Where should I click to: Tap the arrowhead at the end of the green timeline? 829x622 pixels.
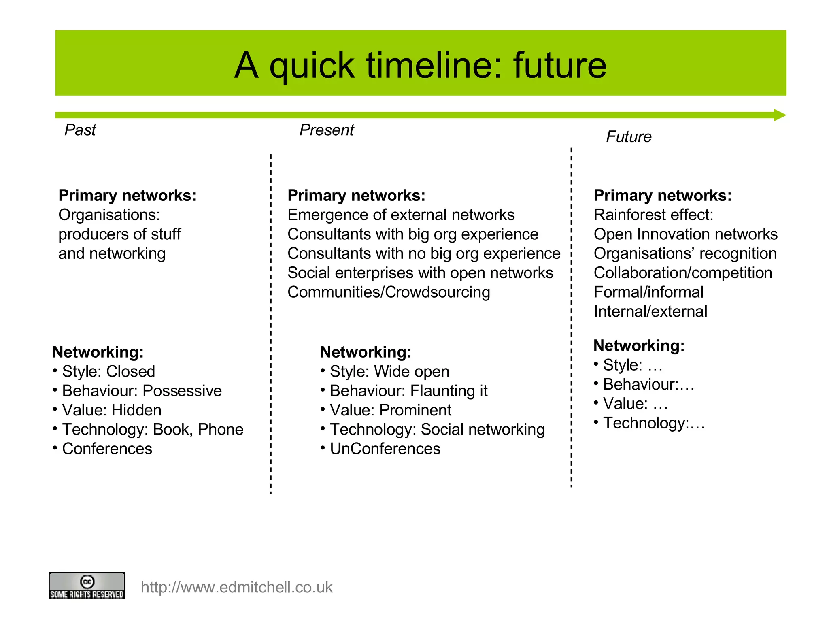pos(779,115)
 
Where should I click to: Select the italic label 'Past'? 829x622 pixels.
pos(80,130)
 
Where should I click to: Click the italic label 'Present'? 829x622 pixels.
pos(326,130)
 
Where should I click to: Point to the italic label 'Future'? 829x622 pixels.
pos(628,137)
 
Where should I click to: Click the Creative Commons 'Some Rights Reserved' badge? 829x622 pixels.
pos(87,586)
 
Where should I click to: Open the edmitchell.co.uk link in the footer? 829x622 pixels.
pos(236,587)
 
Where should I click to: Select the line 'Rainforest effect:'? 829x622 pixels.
pos(653,215)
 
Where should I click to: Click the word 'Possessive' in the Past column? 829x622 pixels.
pos(182,391)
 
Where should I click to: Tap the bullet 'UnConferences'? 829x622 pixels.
pos(385,449)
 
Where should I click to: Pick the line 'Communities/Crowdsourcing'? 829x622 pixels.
pos(389,292)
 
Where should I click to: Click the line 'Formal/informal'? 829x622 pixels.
pos(648,292)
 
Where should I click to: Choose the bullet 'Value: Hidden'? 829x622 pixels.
pos(111,410)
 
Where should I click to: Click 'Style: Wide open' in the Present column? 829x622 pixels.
pos(389,371)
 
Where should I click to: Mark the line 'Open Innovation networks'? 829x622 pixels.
pos(685,234)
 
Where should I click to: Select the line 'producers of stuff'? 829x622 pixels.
pos(119,234)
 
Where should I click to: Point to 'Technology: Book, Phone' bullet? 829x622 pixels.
pos(152,430)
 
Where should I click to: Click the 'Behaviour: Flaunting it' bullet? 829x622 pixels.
pos(408,391)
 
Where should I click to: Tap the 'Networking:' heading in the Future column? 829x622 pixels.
pos(639,346)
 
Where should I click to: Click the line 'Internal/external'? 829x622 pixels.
pos(650,312)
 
